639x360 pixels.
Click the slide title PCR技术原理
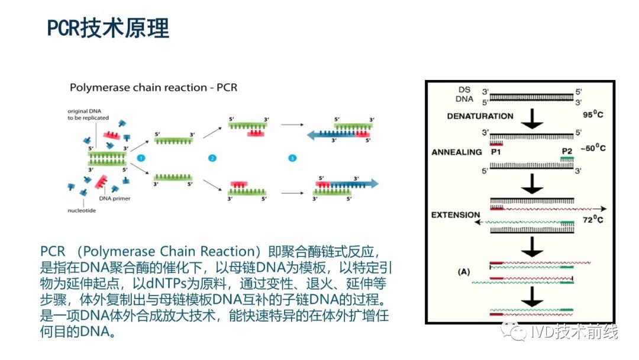pos(108,28)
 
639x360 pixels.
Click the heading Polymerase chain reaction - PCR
pos(154,88)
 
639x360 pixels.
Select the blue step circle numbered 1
pos(141,158)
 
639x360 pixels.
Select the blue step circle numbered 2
pos(213,158)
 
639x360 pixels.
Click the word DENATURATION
pos(480,116)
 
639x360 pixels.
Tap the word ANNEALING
pos(457,152)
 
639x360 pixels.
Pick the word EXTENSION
pos(456,214)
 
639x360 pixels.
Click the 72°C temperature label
pos(592,220)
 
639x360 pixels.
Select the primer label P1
pos(496,152)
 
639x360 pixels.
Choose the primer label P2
pos(567,152)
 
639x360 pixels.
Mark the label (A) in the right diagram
pos(464,272)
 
